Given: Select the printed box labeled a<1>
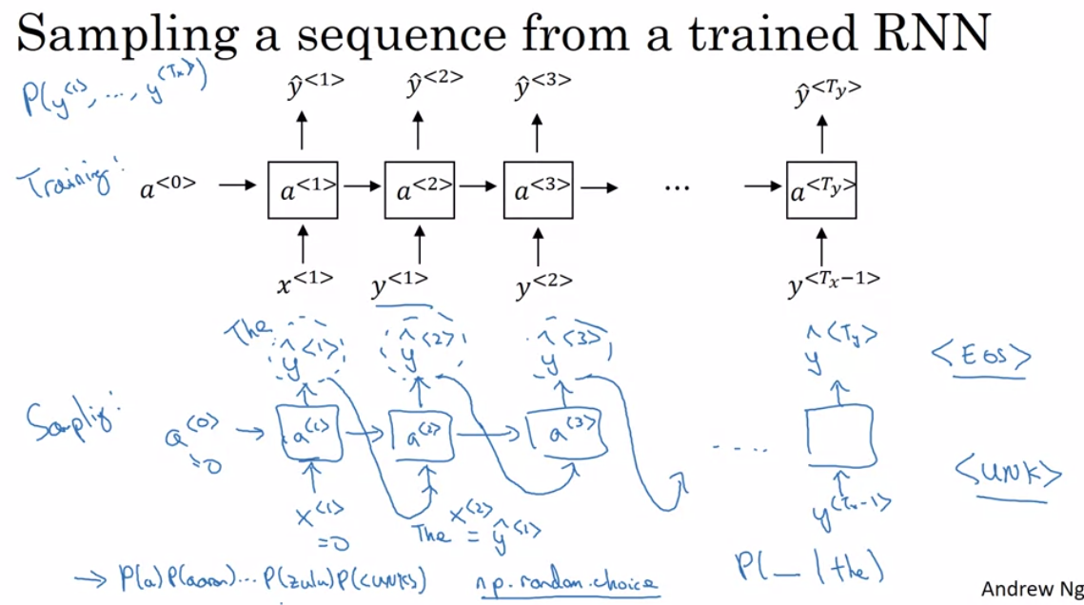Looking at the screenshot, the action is click(x=304, y=190).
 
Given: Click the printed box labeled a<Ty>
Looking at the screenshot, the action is click(x=821, y=190).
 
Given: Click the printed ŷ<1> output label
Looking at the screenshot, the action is click(x=314, y=88).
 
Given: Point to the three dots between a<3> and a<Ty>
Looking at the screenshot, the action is click(x=677, y=188).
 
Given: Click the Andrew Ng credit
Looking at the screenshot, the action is click(x=1030, y=589).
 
